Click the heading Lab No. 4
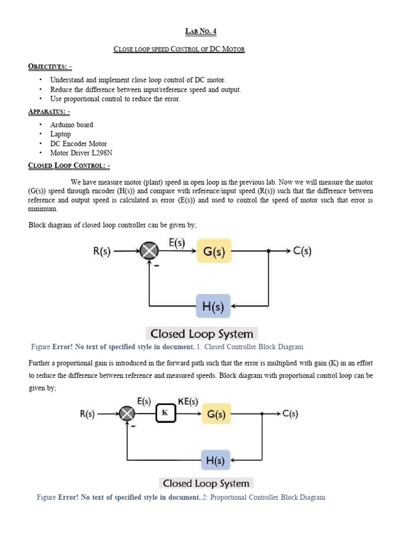click(x=200, y=31)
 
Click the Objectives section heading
click(x=50, y=66)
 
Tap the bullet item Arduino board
click(x=72, y=125)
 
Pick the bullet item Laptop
click(x=61, y=135)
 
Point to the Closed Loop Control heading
click(x=69, y=166)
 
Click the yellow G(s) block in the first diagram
click(x=214, y=251)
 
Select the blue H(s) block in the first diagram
click(x=213, y=306)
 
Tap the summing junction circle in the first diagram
click(x=150, y=251)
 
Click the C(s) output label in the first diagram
click(x=303, y=251)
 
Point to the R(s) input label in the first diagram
click(x=102, y=251)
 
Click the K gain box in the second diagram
click(x=165, y=414)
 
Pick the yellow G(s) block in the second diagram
click(x=216, y=414)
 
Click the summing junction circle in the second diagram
click(x=127, y=414)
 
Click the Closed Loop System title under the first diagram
click(x=202, y=333)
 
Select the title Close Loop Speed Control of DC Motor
click(x=179, y=49)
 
